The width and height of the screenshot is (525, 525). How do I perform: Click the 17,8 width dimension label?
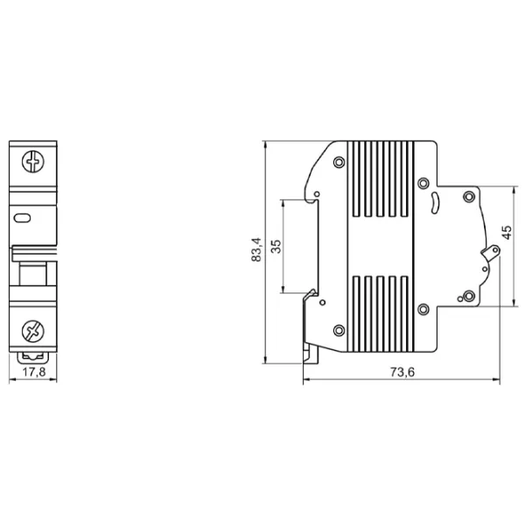coord(33,372)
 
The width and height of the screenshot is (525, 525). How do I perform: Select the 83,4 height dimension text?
coord(256,249)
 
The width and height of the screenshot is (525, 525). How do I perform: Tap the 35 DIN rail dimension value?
coord(276,247)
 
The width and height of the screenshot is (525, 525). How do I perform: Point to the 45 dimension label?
coord(507,233)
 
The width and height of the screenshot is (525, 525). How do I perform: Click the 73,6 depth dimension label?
coord(402,372)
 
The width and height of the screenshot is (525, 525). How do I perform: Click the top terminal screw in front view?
coord(33,162)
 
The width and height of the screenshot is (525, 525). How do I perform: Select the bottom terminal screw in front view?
coord(33,331)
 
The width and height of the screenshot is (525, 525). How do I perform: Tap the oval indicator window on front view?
coord(23,218)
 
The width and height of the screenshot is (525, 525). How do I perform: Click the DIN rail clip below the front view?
coord(33,358)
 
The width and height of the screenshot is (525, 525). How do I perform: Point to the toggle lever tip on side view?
coord(495,249)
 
